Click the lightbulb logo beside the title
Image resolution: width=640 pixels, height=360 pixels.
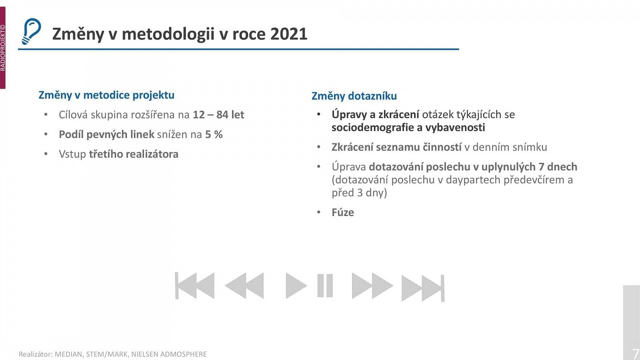[x=31, y=31]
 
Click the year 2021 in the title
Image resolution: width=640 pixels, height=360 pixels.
[x=288, y=34]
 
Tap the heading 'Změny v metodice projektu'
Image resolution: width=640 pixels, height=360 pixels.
[x=106, y=95]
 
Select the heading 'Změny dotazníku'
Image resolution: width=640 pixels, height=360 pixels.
[x=354, y=96]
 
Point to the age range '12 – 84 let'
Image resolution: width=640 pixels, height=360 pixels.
[x=218, y=115]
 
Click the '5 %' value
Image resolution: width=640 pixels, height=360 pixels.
[x=214, y=134]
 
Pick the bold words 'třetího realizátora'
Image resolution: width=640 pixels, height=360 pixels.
[x=134, y=154]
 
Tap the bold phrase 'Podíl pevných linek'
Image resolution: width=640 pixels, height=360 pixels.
[x=106, y=134]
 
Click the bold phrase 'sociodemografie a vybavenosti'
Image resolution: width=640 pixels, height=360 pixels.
[x=408, y=128]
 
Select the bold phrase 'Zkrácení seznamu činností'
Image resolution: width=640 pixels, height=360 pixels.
[x=396, y=147]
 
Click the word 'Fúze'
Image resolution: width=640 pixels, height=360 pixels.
[x=343, y=212]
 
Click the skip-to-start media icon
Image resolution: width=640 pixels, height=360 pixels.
[x=195, y=286]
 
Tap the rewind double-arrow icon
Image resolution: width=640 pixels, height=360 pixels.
[x=244, y=286]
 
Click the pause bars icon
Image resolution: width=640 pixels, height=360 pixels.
[x=325, y=286]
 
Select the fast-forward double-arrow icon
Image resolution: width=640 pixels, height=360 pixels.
[x=372, y=286]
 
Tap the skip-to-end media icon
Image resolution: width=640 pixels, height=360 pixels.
[x=423, y=288]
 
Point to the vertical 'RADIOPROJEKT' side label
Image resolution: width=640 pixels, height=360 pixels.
[x=3, y=48]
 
